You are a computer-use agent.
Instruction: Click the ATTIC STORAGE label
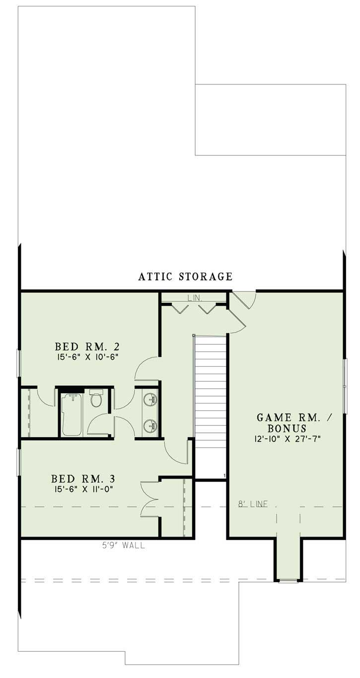185,276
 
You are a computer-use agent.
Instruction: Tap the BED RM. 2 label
87,346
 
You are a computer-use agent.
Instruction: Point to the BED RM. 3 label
83,479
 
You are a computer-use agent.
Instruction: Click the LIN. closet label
194,298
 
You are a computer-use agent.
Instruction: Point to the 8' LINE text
252,505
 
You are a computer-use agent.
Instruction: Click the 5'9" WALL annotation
121,545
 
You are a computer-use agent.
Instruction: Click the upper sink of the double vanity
150,399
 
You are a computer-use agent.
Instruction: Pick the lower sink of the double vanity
150,425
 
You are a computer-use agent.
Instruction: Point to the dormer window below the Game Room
288,580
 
